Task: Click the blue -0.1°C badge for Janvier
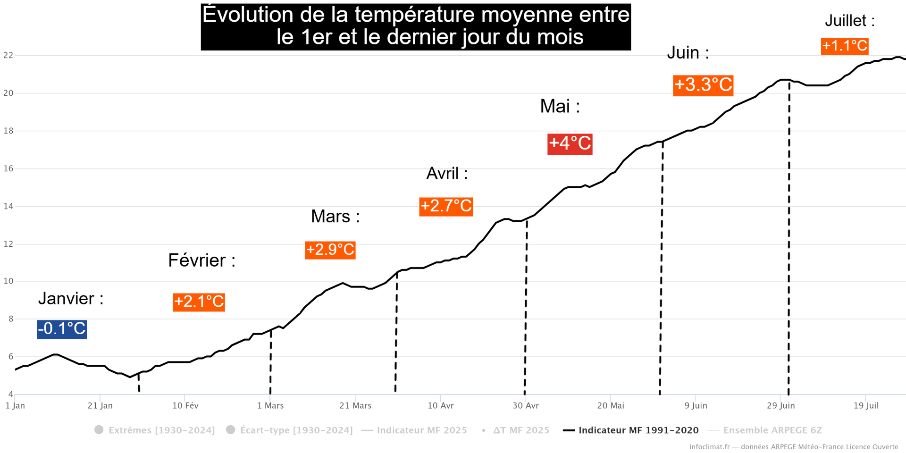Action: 62,329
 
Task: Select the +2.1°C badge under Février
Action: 199,302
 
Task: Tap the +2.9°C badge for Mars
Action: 330,250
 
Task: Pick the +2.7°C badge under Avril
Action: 446,206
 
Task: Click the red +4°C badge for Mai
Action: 570,143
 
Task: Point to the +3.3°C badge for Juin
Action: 703,85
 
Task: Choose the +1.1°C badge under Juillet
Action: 845,46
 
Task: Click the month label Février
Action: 201,260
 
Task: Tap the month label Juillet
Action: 849,21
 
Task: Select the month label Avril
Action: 447,174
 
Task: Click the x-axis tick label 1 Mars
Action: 270,406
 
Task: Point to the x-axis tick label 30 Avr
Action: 526,406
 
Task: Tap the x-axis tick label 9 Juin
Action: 696,406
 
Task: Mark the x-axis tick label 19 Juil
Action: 866,406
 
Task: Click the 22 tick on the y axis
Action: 8,56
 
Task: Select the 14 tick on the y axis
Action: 8,206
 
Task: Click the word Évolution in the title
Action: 247,15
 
